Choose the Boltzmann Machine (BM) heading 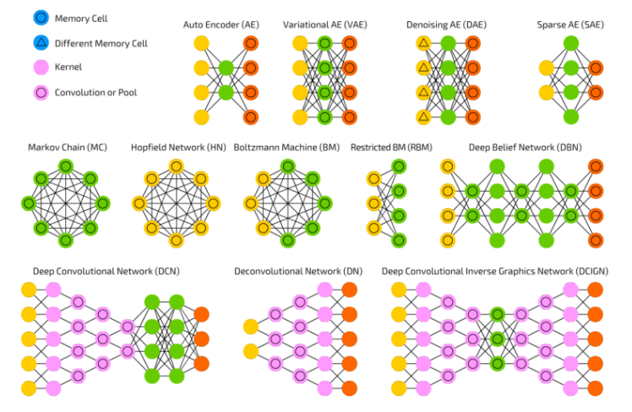coord(286,148)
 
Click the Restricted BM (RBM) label coord(386,148)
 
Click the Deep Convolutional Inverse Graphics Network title coord(495,272)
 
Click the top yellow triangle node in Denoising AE coord(423,43)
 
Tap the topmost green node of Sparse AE coord(570,43)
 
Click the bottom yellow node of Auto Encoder coord(201,117)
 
